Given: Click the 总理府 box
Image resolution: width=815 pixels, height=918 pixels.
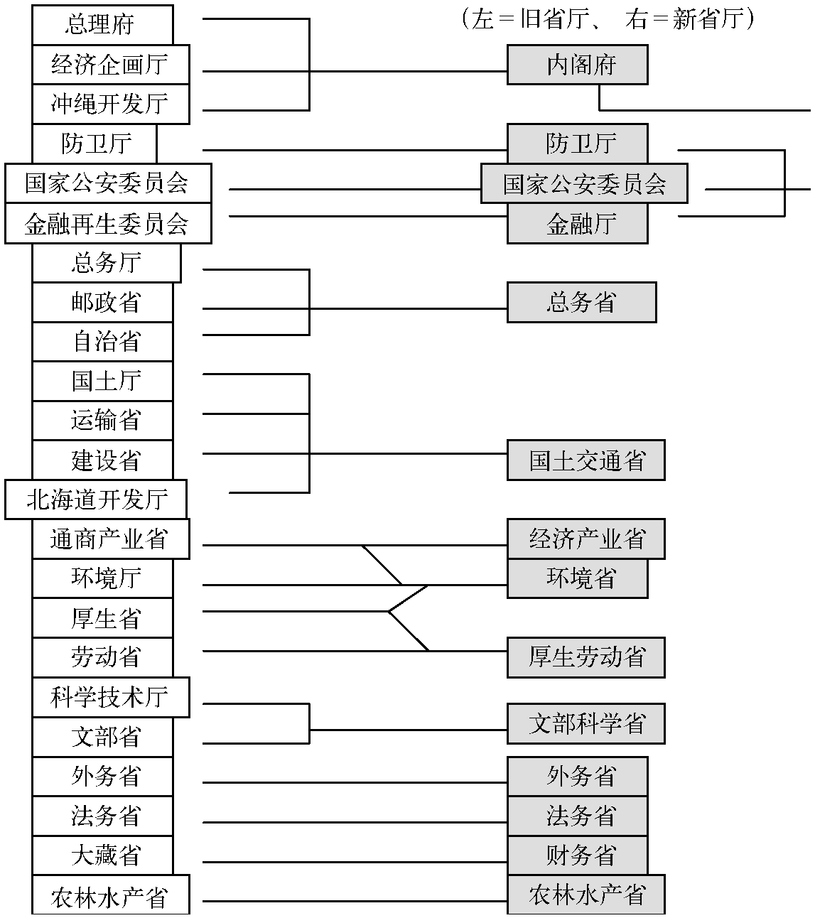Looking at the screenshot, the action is (103, 25).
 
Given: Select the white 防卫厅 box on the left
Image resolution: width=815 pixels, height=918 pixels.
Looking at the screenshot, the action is (95, 144).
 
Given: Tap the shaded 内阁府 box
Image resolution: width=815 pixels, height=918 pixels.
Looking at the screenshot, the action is (578, 65).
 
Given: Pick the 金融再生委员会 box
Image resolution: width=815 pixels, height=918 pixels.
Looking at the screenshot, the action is (108, 223).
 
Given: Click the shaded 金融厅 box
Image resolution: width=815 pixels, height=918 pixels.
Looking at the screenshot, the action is (578, 223).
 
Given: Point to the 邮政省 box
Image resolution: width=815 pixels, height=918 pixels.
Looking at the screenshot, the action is (103, 303).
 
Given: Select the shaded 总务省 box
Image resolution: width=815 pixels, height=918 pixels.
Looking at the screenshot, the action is (581, 303).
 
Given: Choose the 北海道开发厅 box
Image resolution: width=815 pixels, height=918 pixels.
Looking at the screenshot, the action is (96, 499).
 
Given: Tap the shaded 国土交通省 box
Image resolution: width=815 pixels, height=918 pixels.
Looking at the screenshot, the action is (586, 460).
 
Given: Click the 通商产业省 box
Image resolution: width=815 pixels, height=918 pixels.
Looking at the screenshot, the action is (111, 539).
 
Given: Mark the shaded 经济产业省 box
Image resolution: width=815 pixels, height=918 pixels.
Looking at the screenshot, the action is (586, 539).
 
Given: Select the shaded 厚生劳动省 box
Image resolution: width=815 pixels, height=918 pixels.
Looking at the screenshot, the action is (586, 657).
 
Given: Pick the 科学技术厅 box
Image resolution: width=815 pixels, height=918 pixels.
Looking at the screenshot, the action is (111, 697).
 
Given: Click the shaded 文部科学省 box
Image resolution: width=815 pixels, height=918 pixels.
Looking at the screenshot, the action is (586, 723).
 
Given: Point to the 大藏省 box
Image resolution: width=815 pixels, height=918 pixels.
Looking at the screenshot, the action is (103, 855).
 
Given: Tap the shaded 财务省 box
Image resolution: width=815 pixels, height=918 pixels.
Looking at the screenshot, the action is (578, 855).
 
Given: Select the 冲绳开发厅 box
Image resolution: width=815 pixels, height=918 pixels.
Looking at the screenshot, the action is (111, 104).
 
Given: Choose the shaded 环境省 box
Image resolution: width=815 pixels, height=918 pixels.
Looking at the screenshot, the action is (578, 578).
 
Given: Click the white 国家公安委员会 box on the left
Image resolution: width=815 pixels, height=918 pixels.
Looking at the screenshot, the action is (108, 183).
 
